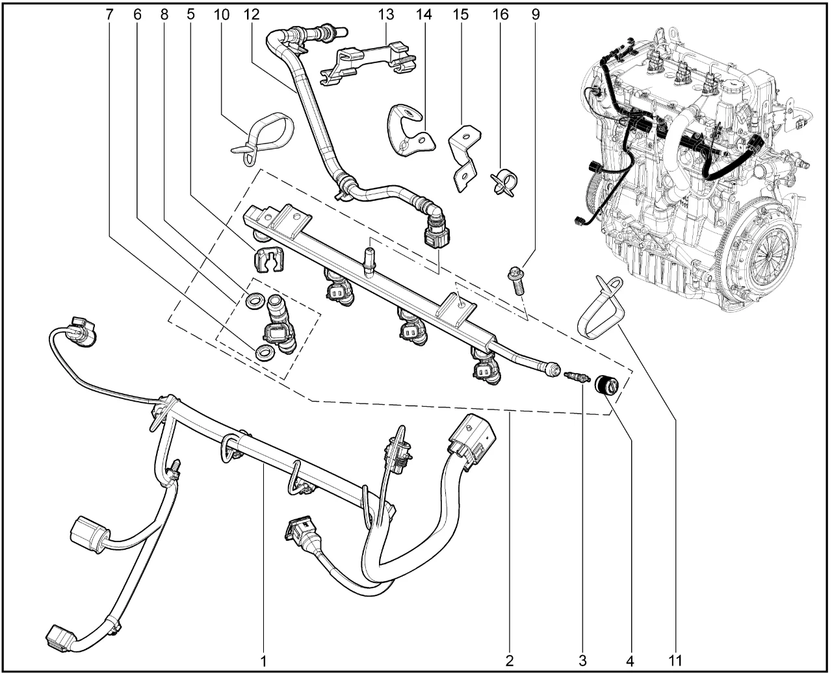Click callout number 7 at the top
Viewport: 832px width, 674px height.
[108, 13]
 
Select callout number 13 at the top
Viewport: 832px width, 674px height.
[385, 13]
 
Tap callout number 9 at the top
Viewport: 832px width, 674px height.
[535, 13]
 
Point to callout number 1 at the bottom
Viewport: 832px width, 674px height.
[264, 661]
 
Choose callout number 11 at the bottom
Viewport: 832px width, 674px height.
[675, 661]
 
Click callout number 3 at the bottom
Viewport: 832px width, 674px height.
[582, 661]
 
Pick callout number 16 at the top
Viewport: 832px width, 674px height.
[500, 13]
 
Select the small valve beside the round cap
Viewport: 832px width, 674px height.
[575, 377]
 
